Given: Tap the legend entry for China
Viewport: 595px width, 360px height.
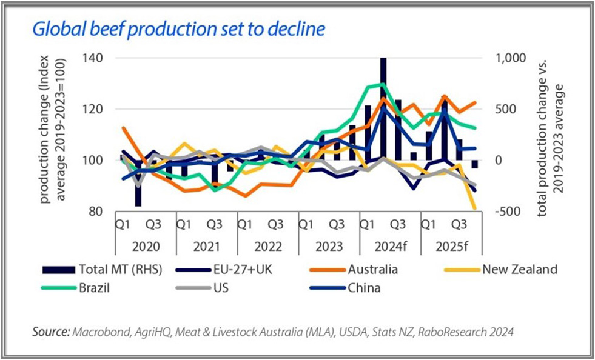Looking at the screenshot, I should [x=364, y=288].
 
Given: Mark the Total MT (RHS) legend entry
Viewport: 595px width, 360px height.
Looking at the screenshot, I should [x=120, y=270].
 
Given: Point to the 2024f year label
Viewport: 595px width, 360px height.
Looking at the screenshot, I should [x=390, y=247].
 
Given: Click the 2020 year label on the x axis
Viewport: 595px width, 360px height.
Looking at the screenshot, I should [x=146, y=247].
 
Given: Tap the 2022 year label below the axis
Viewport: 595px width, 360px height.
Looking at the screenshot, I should [x=268, y=247].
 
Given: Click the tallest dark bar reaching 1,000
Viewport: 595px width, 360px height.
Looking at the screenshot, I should [x=383, y=109].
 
